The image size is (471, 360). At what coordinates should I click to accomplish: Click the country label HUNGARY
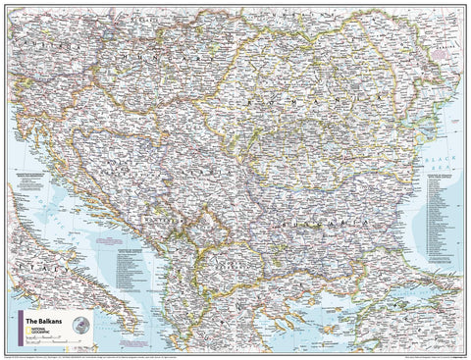pos(147,68)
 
